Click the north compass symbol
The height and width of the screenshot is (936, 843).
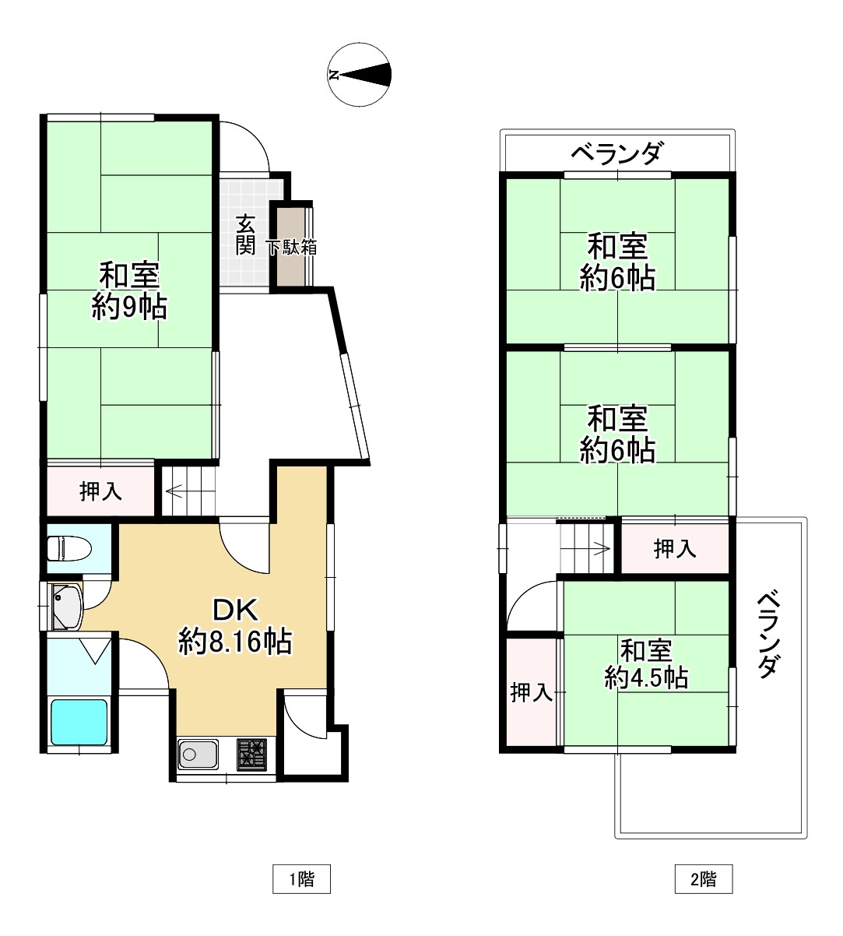click(359, 75)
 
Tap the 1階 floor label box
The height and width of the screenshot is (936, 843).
click(301, 879)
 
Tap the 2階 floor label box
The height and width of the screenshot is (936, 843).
click(704, 879)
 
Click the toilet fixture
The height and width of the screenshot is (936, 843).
click(69, 548)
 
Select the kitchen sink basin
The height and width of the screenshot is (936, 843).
click(198, 754)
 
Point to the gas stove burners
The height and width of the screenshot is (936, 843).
click(251, 755)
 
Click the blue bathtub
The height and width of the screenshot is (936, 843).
click(79, 722)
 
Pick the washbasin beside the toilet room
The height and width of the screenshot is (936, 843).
click(67, 606)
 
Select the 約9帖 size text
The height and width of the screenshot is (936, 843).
click(129, 307)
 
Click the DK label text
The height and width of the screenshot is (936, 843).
click(235, 610)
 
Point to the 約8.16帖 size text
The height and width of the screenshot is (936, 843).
click(235, 642)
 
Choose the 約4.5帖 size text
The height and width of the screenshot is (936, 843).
click(646, 677)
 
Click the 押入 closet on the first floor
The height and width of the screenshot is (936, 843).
click(100, 491)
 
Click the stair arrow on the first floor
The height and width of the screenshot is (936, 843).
click(174, 491)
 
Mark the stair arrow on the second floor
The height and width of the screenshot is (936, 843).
click(601, 548)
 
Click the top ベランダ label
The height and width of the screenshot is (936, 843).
click(616, 153)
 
